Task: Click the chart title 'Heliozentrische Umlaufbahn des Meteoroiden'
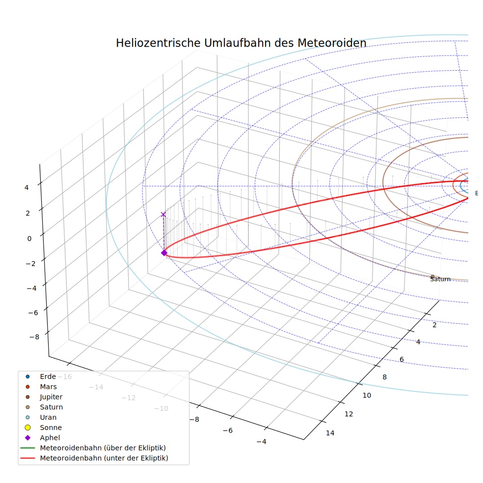(x=241, y=43)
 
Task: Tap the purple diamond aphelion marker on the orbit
(x=164, y=253)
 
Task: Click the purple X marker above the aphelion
(x=163, y=215)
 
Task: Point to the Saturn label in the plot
(x=440, y=279)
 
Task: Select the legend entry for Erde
(x=48, y=376)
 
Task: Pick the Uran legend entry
(x=48, y=417)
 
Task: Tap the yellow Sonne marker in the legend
(x=27, y=428)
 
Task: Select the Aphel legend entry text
(x=50, y=438)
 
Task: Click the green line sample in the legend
(x=27, y=448)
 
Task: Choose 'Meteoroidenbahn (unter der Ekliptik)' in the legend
(x=104, y=458)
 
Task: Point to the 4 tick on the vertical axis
(x=27, y=188)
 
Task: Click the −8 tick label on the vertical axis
(x=34, y=337)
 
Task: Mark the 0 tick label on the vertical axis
(x=29, y=239)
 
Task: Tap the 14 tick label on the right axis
(x=330, y=433)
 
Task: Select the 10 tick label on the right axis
(x=367, y=396)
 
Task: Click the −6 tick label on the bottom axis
(x=228, y=430)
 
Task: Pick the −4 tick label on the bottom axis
(x=261, y=442)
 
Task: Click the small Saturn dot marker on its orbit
(x=432, y=277)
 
